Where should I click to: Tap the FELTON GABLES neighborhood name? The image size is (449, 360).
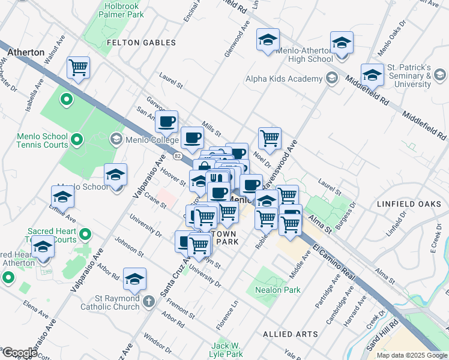(141, 43)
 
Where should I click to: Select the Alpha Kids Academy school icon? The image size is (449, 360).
(331, 79)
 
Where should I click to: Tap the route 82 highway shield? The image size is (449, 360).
(177, 156)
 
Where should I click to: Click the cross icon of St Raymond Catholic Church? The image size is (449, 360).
(149, 302)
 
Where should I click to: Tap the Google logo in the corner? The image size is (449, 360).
(19, 353)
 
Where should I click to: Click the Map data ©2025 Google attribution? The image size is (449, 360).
(411, 355)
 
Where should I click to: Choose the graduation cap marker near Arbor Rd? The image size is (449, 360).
(134, 278)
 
